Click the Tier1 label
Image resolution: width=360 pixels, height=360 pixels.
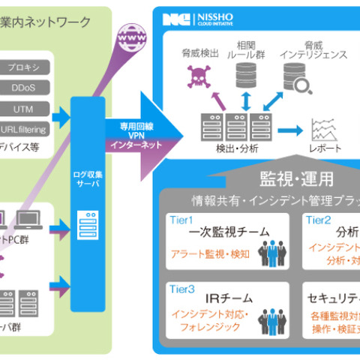182,220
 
